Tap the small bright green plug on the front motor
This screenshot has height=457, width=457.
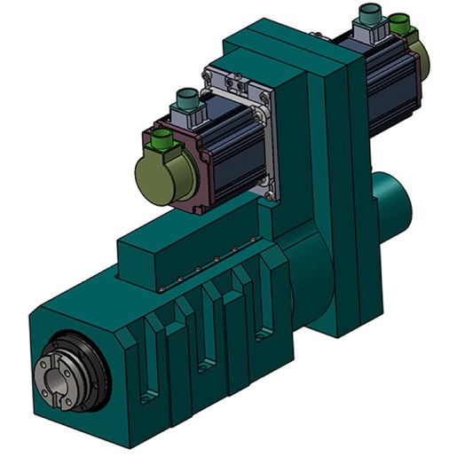(x=164, y=139)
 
